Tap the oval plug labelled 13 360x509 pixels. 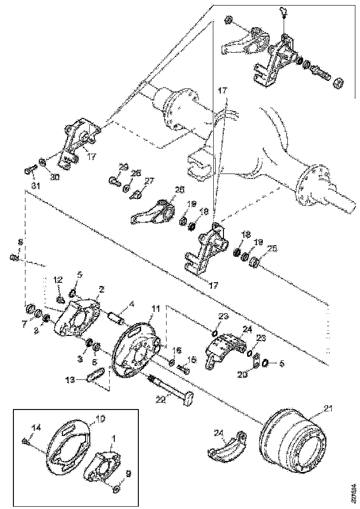[95, 375]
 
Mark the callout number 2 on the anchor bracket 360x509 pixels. [101, 289]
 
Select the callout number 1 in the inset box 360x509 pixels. [114, 437]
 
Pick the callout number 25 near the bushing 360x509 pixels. [272, 249]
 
